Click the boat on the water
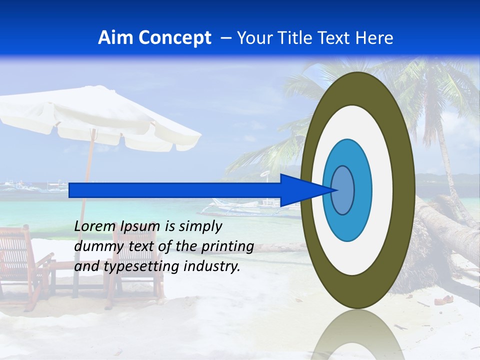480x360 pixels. [245, 205]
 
